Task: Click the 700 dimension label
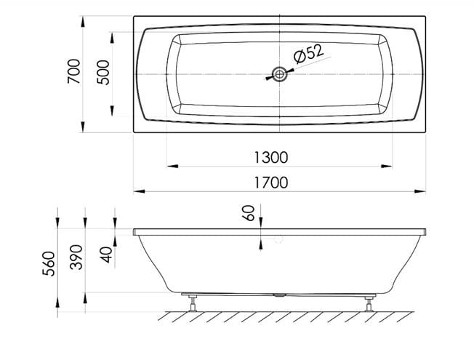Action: click(x=74, y=71)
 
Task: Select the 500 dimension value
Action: click(x=103, y=73)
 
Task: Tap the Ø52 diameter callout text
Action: click(x=308, y=54)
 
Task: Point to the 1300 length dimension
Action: click(x=271, y=158)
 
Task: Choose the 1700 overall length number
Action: click(x=271, y=183)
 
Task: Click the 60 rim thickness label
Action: click(x=249, y=213)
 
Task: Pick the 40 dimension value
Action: click(x=107, y=255)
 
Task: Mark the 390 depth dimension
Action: click(x=76, y=257)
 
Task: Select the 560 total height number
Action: click(x=49, y=264)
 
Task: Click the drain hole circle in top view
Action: click(x=279, y=74)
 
